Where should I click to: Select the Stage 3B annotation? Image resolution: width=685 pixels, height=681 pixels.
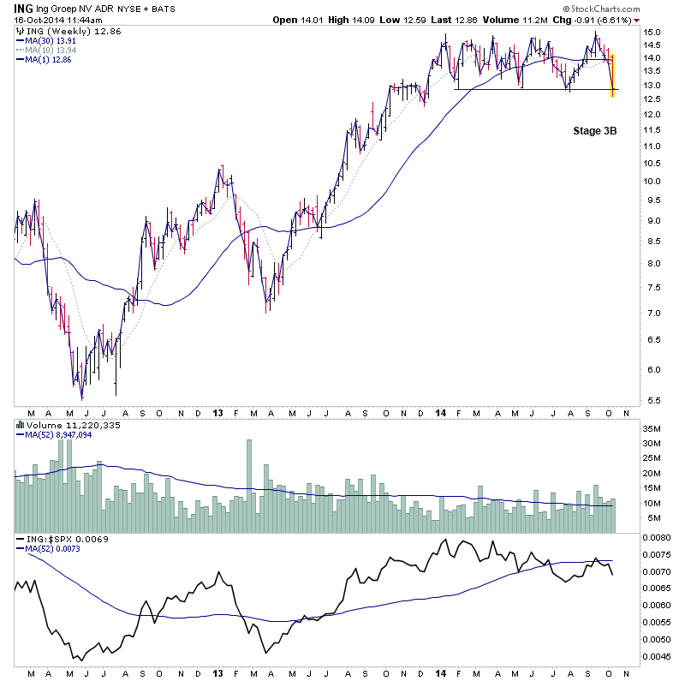coord(594,131)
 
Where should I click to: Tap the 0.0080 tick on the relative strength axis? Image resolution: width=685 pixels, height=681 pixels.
coord(658,538)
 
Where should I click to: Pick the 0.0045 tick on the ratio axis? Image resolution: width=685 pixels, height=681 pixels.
coord(658,657)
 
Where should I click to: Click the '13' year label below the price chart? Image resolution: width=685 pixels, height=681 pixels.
coord(217,413)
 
